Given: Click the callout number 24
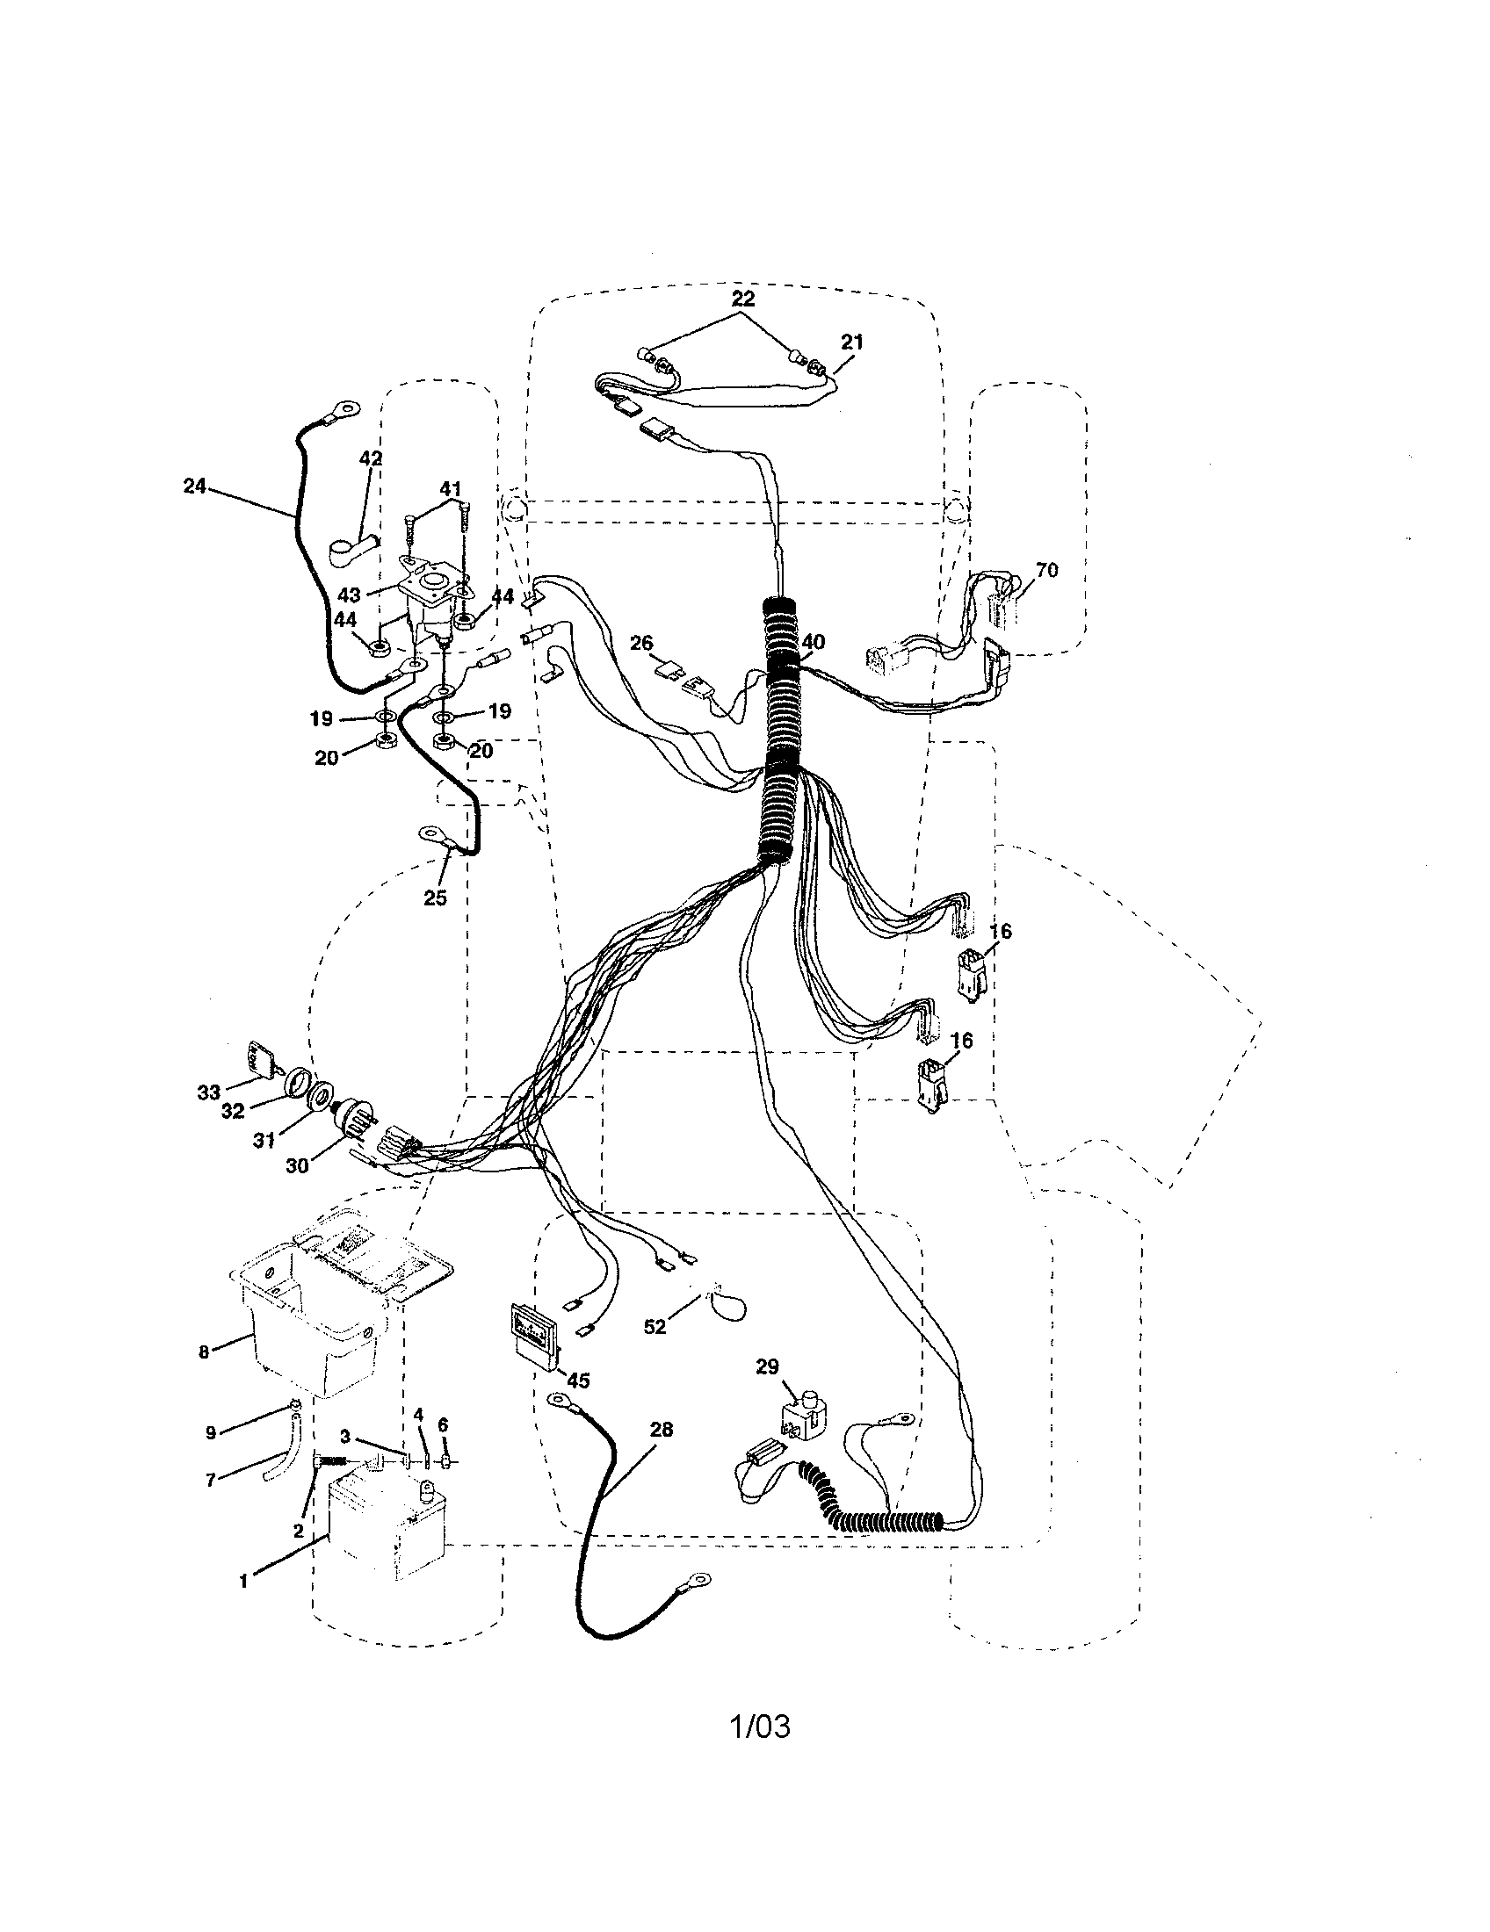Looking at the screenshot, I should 194,486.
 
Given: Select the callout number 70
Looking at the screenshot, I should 1046,571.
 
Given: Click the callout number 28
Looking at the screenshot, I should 661,1429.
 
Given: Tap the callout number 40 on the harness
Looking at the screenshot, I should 813,641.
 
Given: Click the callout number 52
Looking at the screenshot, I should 655,1328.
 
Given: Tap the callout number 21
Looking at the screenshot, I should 851,342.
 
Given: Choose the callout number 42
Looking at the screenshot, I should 371,458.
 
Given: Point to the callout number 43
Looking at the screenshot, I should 349,595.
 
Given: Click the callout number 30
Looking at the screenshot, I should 297,1166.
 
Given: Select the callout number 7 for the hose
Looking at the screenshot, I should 211,1480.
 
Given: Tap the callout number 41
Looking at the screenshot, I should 452,488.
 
